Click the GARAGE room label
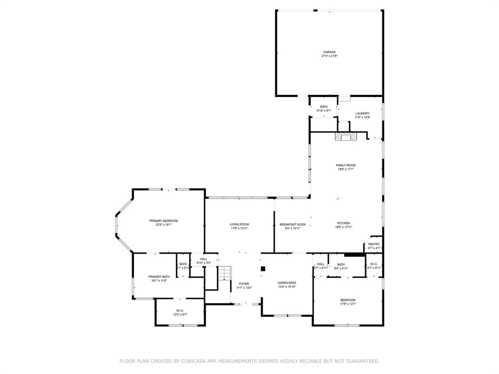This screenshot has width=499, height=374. [329, 52]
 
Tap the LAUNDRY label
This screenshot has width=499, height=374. [362, 113]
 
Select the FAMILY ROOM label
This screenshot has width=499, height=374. [345, 165]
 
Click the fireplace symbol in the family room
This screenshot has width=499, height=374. [345, 137]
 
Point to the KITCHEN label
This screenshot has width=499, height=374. [343, 223]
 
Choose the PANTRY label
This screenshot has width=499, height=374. [374, 244]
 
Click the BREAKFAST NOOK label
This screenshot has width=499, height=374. [292, 224]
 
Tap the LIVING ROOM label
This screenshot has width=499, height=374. [239, 224]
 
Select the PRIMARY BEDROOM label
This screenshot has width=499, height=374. [163, 221]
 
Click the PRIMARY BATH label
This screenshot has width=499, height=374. [159, 277]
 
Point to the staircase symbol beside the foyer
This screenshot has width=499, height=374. [223, 273]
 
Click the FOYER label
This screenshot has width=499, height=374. [244, 283]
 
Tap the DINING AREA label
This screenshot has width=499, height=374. [287, 282]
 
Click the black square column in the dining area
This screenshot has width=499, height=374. [263, 268]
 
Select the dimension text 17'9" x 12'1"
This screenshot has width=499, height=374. [348, 304]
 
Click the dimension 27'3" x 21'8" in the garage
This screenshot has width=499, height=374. [329, 56]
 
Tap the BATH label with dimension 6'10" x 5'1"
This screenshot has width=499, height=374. [324, 107]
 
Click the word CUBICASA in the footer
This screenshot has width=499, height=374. [192, 361]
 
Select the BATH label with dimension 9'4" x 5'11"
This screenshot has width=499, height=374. [341, 264]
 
